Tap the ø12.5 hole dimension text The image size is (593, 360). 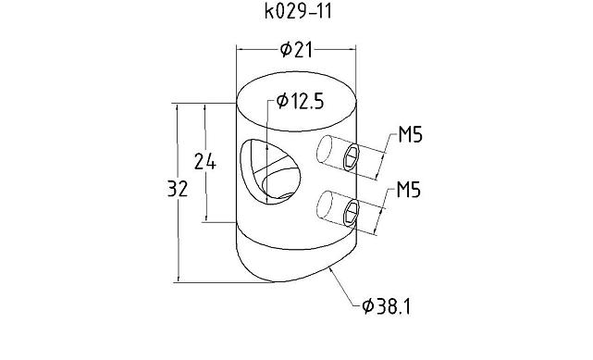[300, 102]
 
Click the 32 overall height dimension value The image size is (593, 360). [178, 189]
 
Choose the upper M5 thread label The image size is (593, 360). [410, 135]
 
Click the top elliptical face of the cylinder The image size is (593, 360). [296, 102]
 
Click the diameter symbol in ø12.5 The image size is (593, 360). [281, 102]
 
